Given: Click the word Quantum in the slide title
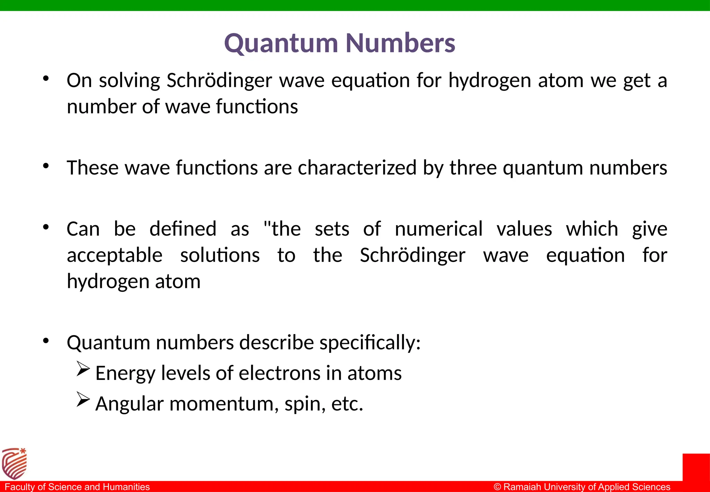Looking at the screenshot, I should [x=281, y=44].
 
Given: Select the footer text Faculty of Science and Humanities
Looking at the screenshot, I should [x=77, y=487].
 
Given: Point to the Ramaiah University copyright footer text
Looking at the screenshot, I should [x=582, y=487].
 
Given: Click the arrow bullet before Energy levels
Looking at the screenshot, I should [x=83, y=369].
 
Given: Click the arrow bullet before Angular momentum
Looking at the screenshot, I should [x=83, y=399].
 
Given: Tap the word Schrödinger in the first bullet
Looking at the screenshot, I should [x=219, y=80].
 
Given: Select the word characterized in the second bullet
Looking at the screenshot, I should [x=357, y=168].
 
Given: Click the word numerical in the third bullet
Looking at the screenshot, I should [x=439, y=229].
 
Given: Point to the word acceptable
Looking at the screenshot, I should [x=114, y=256].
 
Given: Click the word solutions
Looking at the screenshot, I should [x=220, y=256].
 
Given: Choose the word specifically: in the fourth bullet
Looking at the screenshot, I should [x=370, y=343].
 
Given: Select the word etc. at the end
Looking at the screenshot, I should [x=347, y=404].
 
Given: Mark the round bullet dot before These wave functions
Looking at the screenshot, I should [x=46, y=167].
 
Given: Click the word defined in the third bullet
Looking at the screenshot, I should [x=183, y=229].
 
